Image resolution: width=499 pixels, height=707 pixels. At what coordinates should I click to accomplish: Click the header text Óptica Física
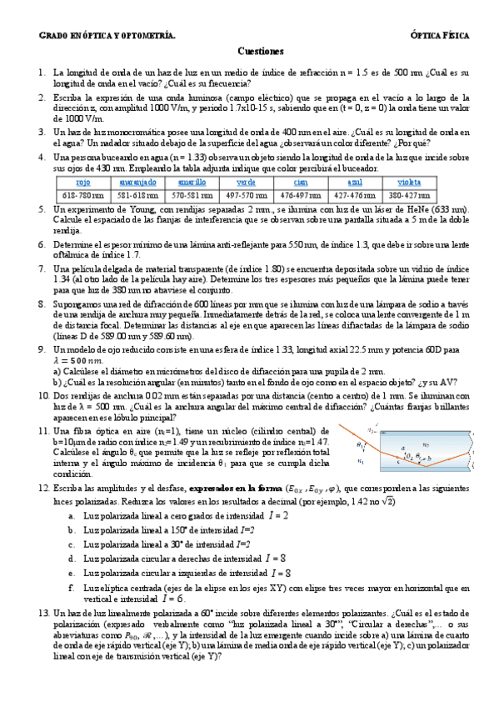(x=441, y=36)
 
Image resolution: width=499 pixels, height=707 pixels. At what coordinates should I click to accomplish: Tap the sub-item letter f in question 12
(x=72, y=587)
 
